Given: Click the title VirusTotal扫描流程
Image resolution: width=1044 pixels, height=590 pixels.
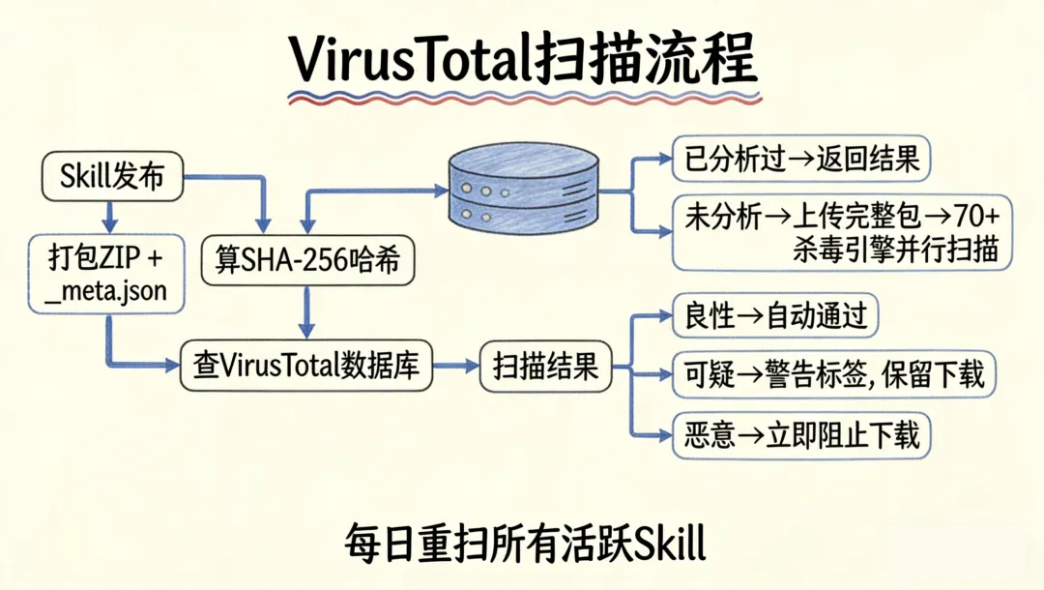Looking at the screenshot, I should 523,60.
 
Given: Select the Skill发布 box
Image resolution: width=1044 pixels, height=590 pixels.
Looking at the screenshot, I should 112,177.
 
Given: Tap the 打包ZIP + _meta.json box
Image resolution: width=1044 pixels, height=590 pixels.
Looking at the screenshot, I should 106,274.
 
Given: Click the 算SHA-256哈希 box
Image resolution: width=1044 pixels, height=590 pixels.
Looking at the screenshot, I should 307,260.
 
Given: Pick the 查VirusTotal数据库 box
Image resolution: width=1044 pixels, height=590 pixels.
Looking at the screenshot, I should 306,367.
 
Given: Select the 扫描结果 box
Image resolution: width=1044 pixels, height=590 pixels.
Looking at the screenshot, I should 546,367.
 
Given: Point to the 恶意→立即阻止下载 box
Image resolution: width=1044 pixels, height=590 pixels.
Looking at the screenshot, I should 801,433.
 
